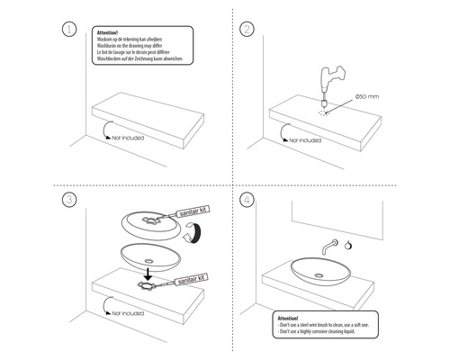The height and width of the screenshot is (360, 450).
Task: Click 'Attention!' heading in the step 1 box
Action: point(108,31)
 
